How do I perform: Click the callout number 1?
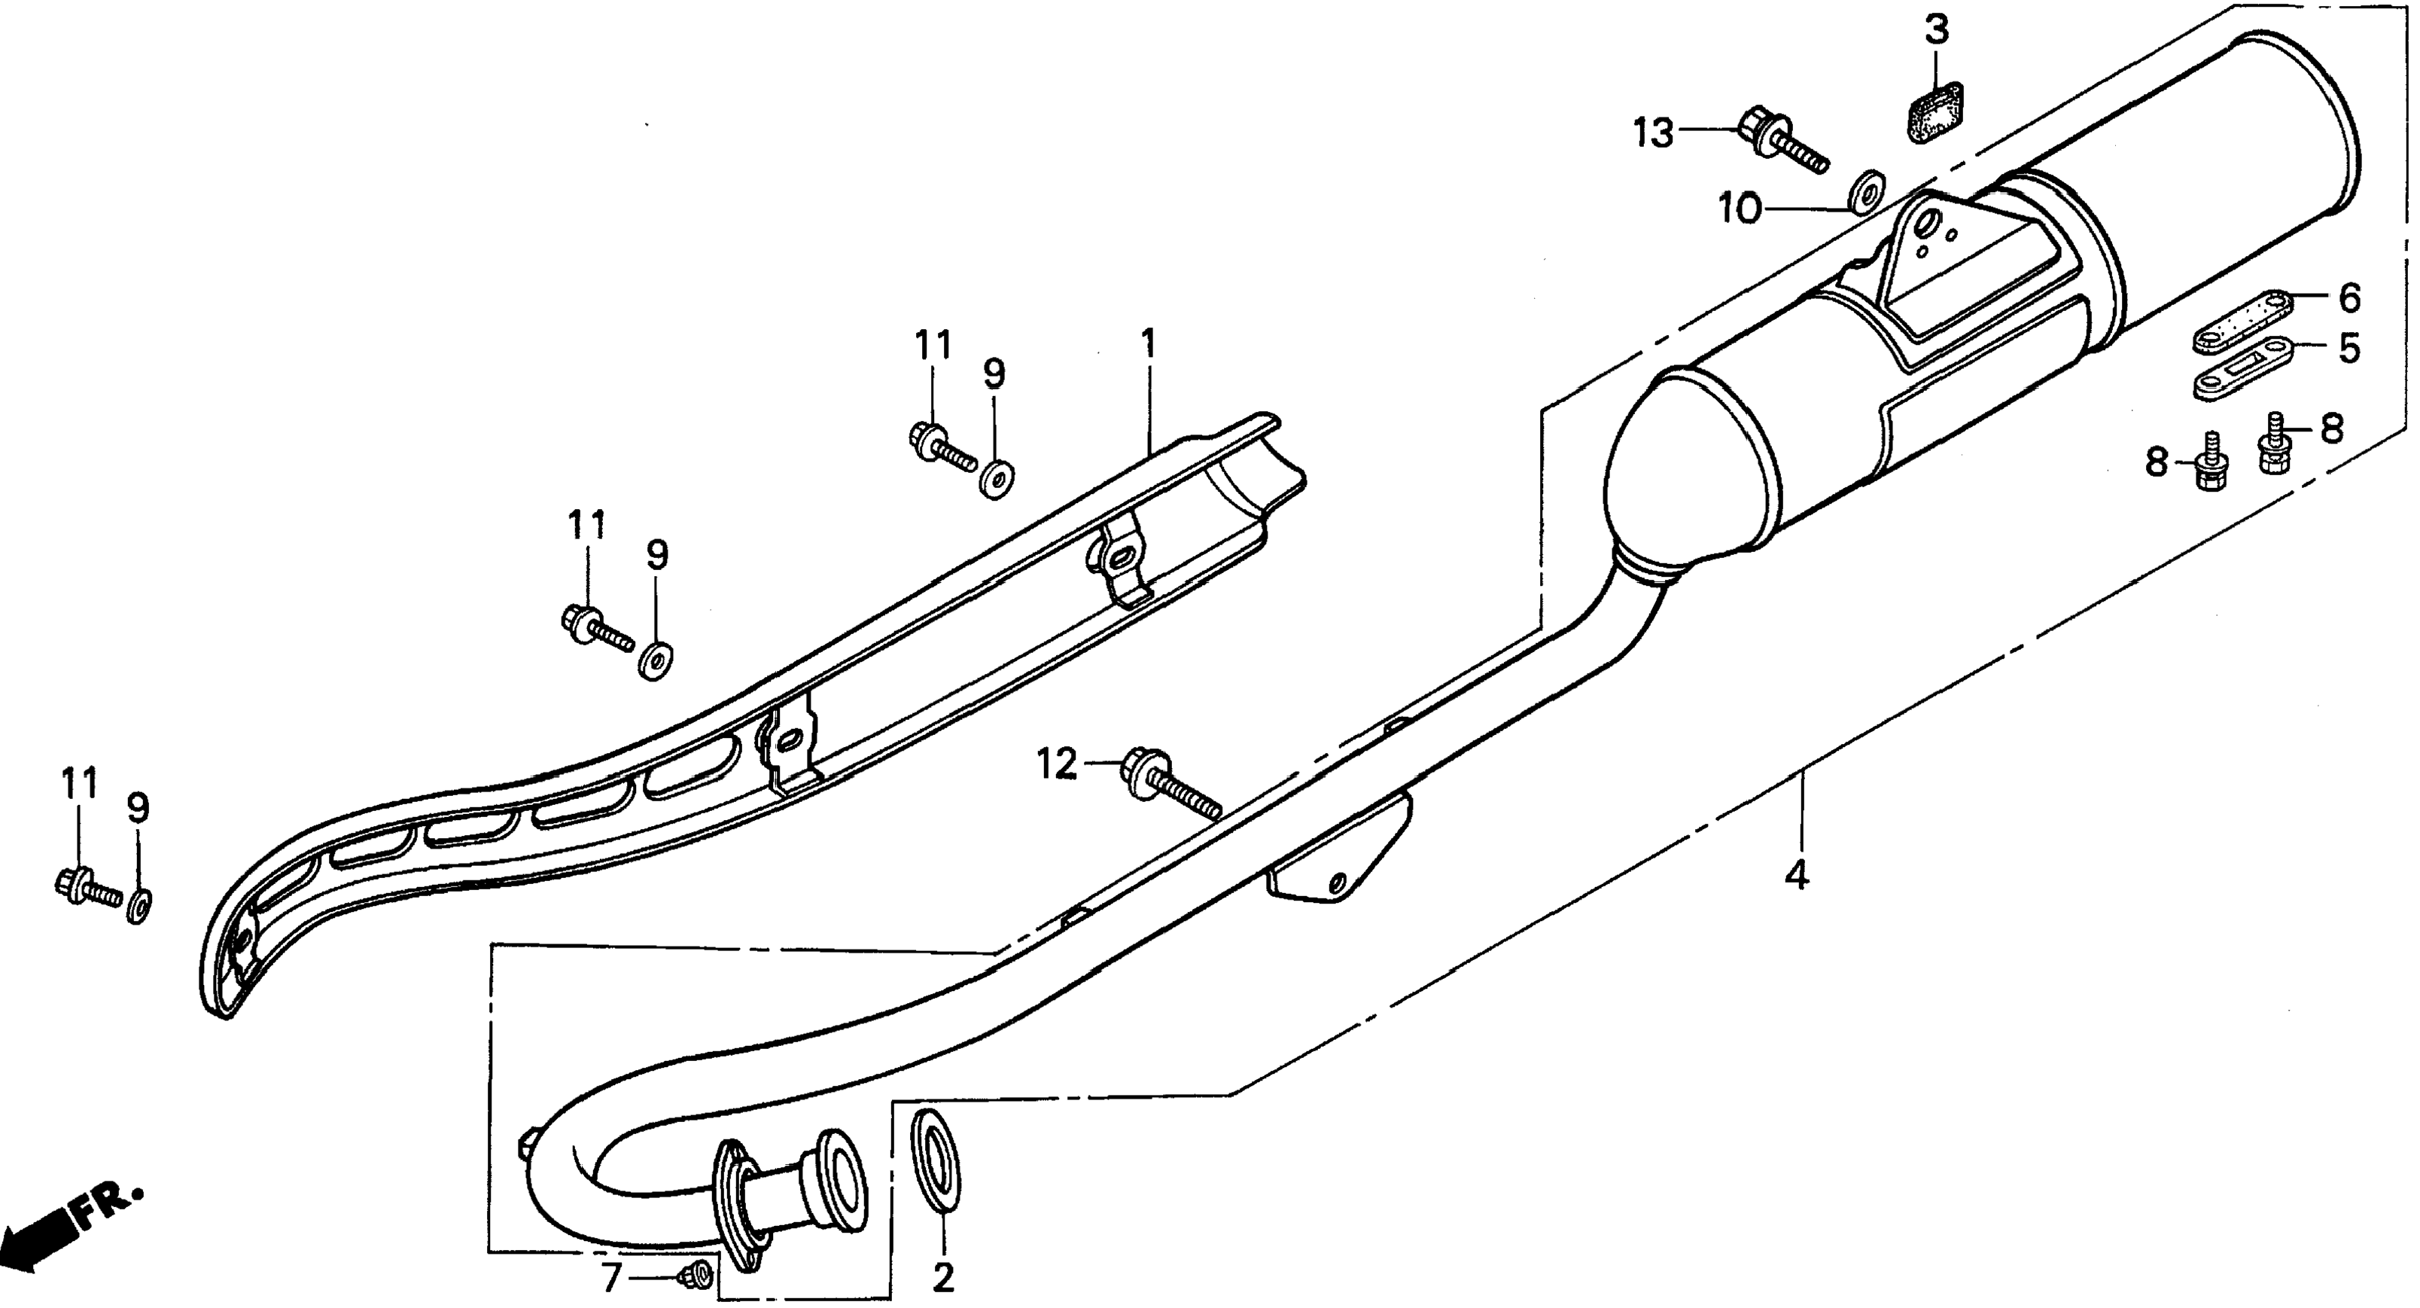tap(1147, 345)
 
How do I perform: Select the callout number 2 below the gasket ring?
tap(942, 1277)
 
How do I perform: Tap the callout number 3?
tap(1937, 30)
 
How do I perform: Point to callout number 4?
tap(1795, 877)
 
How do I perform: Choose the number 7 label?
tap(610, 1278)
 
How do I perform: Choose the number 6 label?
tap(2349, 299)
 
